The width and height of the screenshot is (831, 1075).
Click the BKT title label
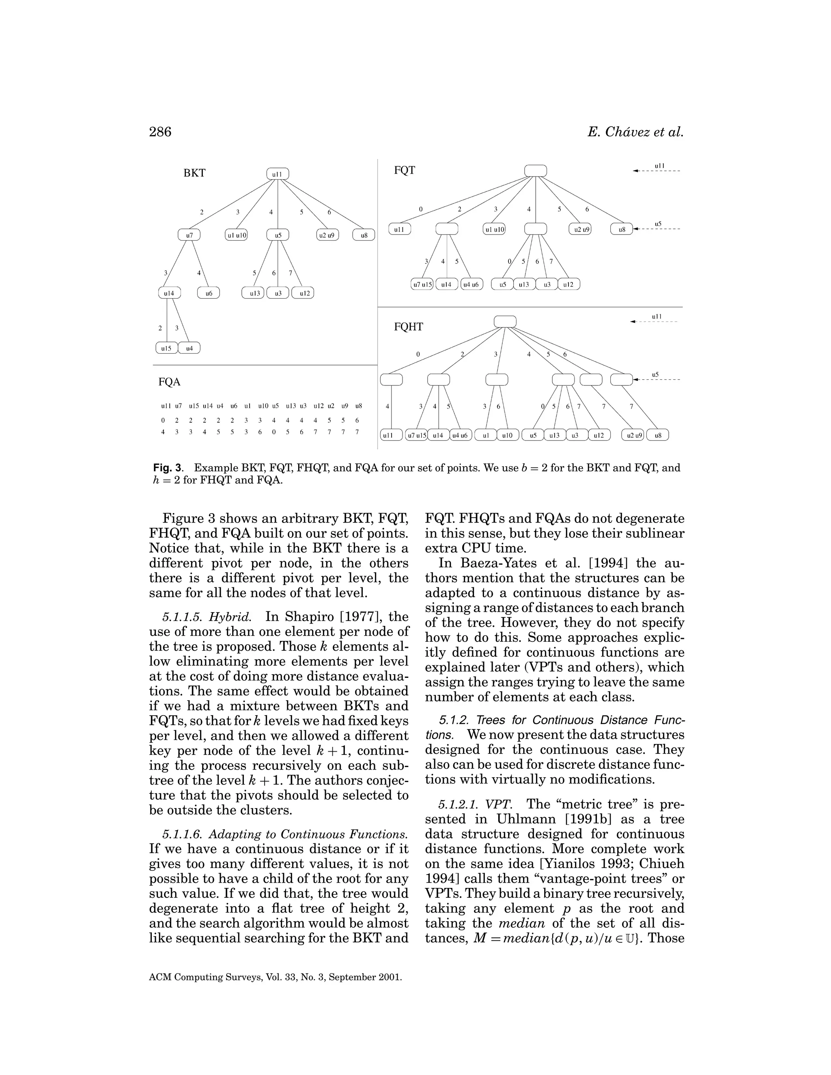coord(194,173)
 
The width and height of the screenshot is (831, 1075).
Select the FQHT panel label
coord(408,327)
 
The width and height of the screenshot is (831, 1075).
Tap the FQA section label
coord(169,382)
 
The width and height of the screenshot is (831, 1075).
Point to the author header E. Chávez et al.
coord(635,132)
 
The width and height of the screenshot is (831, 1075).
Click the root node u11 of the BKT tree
coord(278,174)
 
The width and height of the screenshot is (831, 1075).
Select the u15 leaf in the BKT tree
coord(166,348)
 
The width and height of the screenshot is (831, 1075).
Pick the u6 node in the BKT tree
coord(209,293)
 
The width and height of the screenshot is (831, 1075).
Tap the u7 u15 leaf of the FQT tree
coord(422,284)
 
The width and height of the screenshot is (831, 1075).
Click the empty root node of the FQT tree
coord(536,170)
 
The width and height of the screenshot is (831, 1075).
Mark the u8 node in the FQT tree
coord(622,229)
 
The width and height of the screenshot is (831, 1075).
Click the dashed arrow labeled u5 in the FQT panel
coord(657,229)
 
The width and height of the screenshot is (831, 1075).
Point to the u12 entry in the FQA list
coord(318,406)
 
